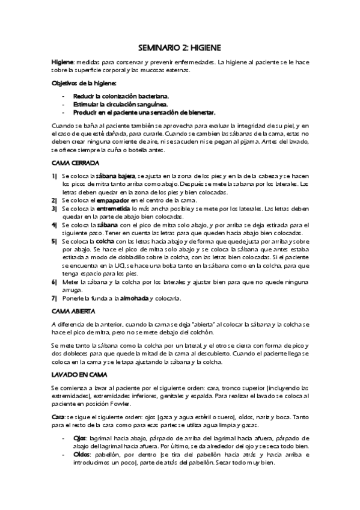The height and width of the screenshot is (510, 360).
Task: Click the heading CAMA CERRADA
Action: pos(75,163)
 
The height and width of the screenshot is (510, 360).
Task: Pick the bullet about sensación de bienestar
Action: pos(144,112)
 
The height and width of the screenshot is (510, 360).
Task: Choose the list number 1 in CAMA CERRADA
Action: pos(54,175)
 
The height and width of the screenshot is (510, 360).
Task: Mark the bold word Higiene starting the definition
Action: pos(62,62)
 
